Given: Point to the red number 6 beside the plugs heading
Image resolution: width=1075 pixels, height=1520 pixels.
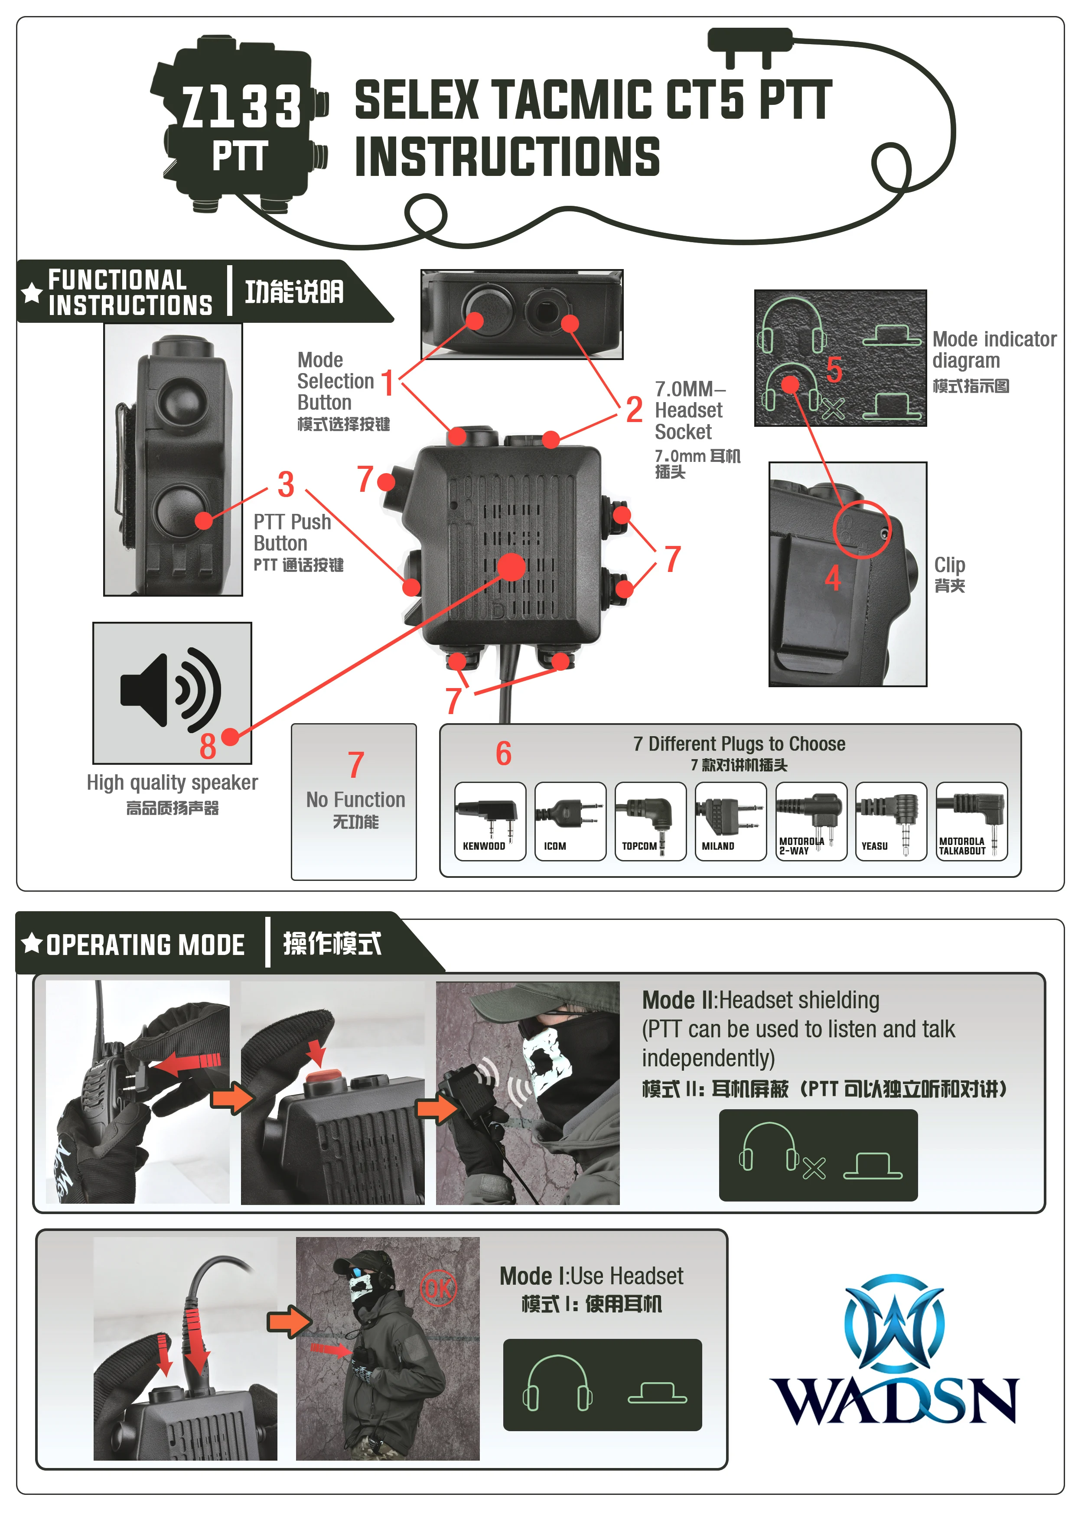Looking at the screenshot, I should [x=503, y=754].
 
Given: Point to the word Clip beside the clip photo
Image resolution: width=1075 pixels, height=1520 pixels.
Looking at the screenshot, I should [x=949, y=565].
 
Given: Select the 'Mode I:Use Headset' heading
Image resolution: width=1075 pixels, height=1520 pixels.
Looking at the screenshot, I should [x=591, y=1276].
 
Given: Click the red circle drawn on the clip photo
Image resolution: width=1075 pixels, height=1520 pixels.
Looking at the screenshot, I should [x=862, y=529].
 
